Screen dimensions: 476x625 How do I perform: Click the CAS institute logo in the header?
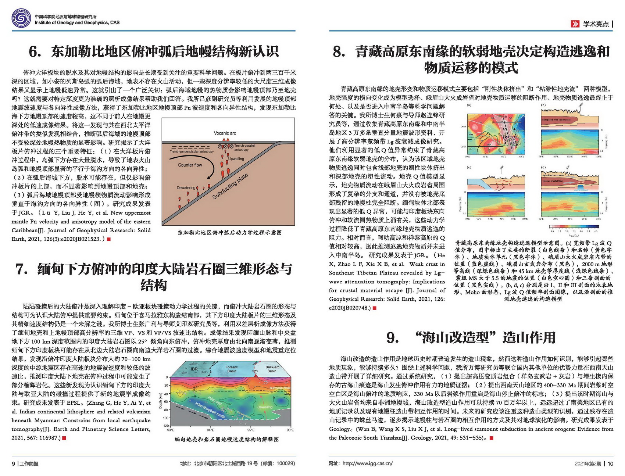coord(21,19)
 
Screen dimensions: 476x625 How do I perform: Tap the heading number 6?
coord(35,52)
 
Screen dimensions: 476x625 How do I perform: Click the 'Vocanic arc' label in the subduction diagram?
coord(225,133)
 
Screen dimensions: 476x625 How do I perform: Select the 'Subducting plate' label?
coord(230,187)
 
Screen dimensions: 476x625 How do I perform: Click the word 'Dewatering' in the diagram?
coord(186,187)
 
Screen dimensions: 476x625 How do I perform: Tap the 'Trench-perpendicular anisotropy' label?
coord(192,151)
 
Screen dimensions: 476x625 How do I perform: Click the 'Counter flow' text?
coord(190,165)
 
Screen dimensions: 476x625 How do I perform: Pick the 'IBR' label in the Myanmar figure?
coord(194,369)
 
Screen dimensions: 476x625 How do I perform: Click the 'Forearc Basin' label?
coord(232,369)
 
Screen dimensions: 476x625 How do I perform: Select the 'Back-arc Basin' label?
coord(272,369)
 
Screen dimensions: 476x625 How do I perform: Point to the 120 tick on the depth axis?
coord(166,426)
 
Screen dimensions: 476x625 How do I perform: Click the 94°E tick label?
coord(210,430)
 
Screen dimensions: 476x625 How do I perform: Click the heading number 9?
coord(393,337)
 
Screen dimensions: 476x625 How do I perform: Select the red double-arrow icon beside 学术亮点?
coord(575,24)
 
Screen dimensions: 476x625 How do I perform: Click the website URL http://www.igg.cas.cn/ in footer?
coord(367,464)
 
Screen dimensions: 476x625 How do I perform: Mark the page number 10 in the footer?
coord(610,464)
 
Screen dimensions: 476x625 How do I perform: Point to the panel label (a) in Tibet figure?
coord(469,105)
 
